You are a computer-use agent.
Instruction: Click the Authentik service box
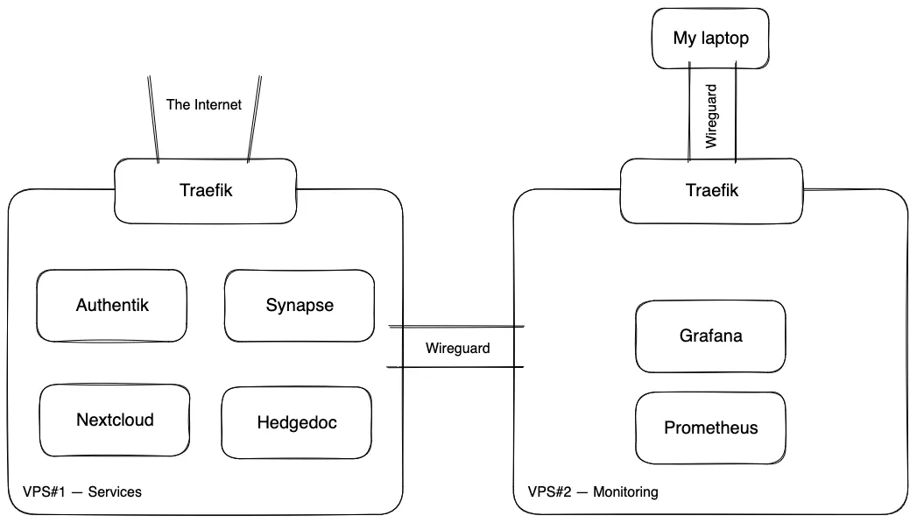(x=112, y=306)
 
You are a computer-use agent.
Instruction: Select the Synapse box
(x=300, y=306)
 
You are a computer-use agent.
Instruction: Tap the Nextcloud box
(x=115, y=421)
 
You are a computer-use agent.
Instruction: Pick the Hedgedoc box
(x=297, y=422)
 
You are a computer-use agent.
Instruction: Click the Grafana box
(x=710, y=336)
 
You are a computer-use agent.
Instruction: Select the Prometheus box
(x=710, y=428)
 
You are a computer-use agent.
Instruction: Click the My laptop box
(x=710, y=39)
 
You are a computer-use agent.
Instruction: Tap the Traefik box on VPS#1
(x=206, y=190)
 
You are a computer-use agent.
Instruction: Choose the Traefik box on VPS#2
(x=710, y=190)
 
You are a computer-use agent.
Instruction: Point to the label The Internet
(x=204, y=104)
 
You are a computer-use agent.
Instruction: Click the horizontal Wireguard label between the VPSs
(x=458, y=348)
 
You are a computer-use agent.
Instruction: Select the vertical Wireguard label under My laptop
(x=712, y=115)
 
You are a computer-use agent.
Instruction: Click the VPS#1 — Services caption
(x=82, y=492)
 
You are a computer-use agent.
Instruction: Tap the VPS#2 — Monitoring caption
(x=593, y=492)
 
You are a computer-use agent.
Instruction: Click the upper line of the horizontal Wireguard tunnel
(x=455, y=327)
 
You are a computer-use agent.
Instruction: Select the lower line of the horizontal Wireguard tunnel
(x=455, y=366)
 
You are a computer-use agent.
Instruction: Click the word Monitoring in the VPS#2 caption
(x=625, y=492)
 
